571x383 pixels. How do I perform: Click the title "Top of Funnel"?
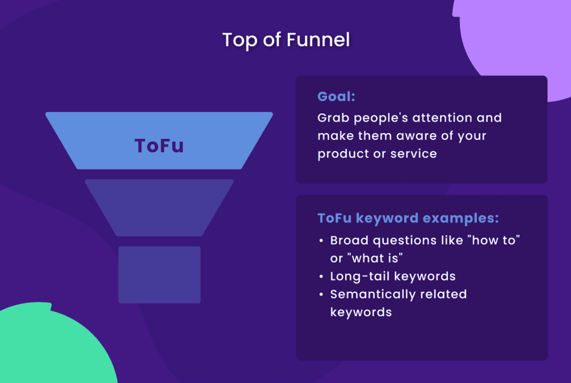(x=285, y=40)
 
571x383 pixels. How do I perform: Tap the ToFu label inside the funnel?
(x=159, y=146)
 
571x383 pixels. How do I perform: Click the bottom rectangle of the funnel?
(x=159, y=275)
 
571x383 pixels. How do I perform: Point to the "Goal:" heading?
(x=336, y=96)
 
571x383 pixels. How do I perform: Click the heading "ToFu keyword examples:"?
(x=408, y=217)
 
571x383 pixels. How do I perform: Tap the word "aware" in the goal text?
(x=405, y=136)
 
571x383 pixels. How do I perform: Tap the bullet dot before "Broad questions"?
(x=321, y=241)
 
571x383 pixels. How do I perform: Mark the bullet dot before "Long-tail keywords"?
(x=321, y=277)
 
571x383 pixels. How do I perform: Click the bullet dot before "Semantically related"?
(x=321, y=294)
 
